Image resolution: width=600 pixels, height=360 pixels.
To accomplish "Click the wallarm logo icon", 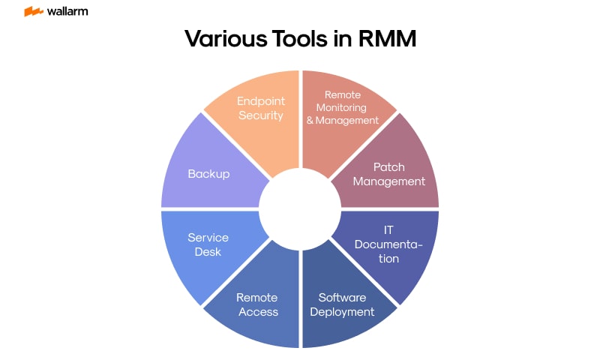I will (33, 12).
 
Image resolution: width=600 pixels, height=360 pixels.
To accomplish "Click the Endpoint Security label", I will (260, 108).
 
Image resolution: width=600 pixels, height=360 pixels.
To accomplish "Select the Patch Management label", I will (388, 174).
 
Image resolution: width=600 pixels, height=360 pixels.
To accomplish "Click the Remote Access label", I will (258, 304).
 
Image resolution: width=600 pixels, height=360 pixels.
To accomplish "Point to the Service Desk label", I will (208, 244).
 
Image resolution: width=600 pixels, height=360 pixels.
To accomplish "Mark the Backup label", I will (208, 173).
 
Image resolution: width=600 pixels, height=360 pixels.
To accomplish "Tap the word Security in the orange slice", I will (260, 115).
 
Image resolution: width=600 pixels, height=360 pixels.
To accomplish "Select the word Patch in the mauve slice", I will (388, 166).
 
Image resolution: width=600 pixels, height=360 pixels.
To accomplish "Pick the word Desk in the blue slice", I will (208, 252).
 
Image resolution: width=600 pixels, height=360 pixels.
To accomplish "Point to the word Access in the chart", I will (258, 311).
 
